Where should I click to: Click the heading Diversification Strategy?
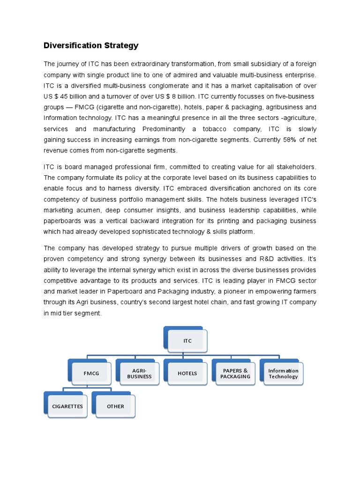(91, 45)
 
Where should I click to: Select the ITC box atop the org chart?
(187, 341)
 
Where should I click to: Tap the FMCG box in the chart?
(91, 374)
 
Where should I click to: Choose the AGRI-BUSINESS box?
(139, 374)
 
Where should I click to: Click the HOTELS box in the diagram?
(187, 374)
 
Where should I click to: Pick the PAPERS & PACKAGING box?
(235, 374)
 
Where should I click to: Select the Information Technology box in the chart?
(283, 374)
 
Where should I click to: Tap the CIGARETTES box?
(67, 406)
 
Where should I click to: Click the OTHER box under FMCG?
(115, 406)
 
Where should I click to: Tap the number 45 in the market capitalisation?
(65, 97)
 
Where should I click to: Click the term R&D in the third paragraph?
(264, 259)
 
